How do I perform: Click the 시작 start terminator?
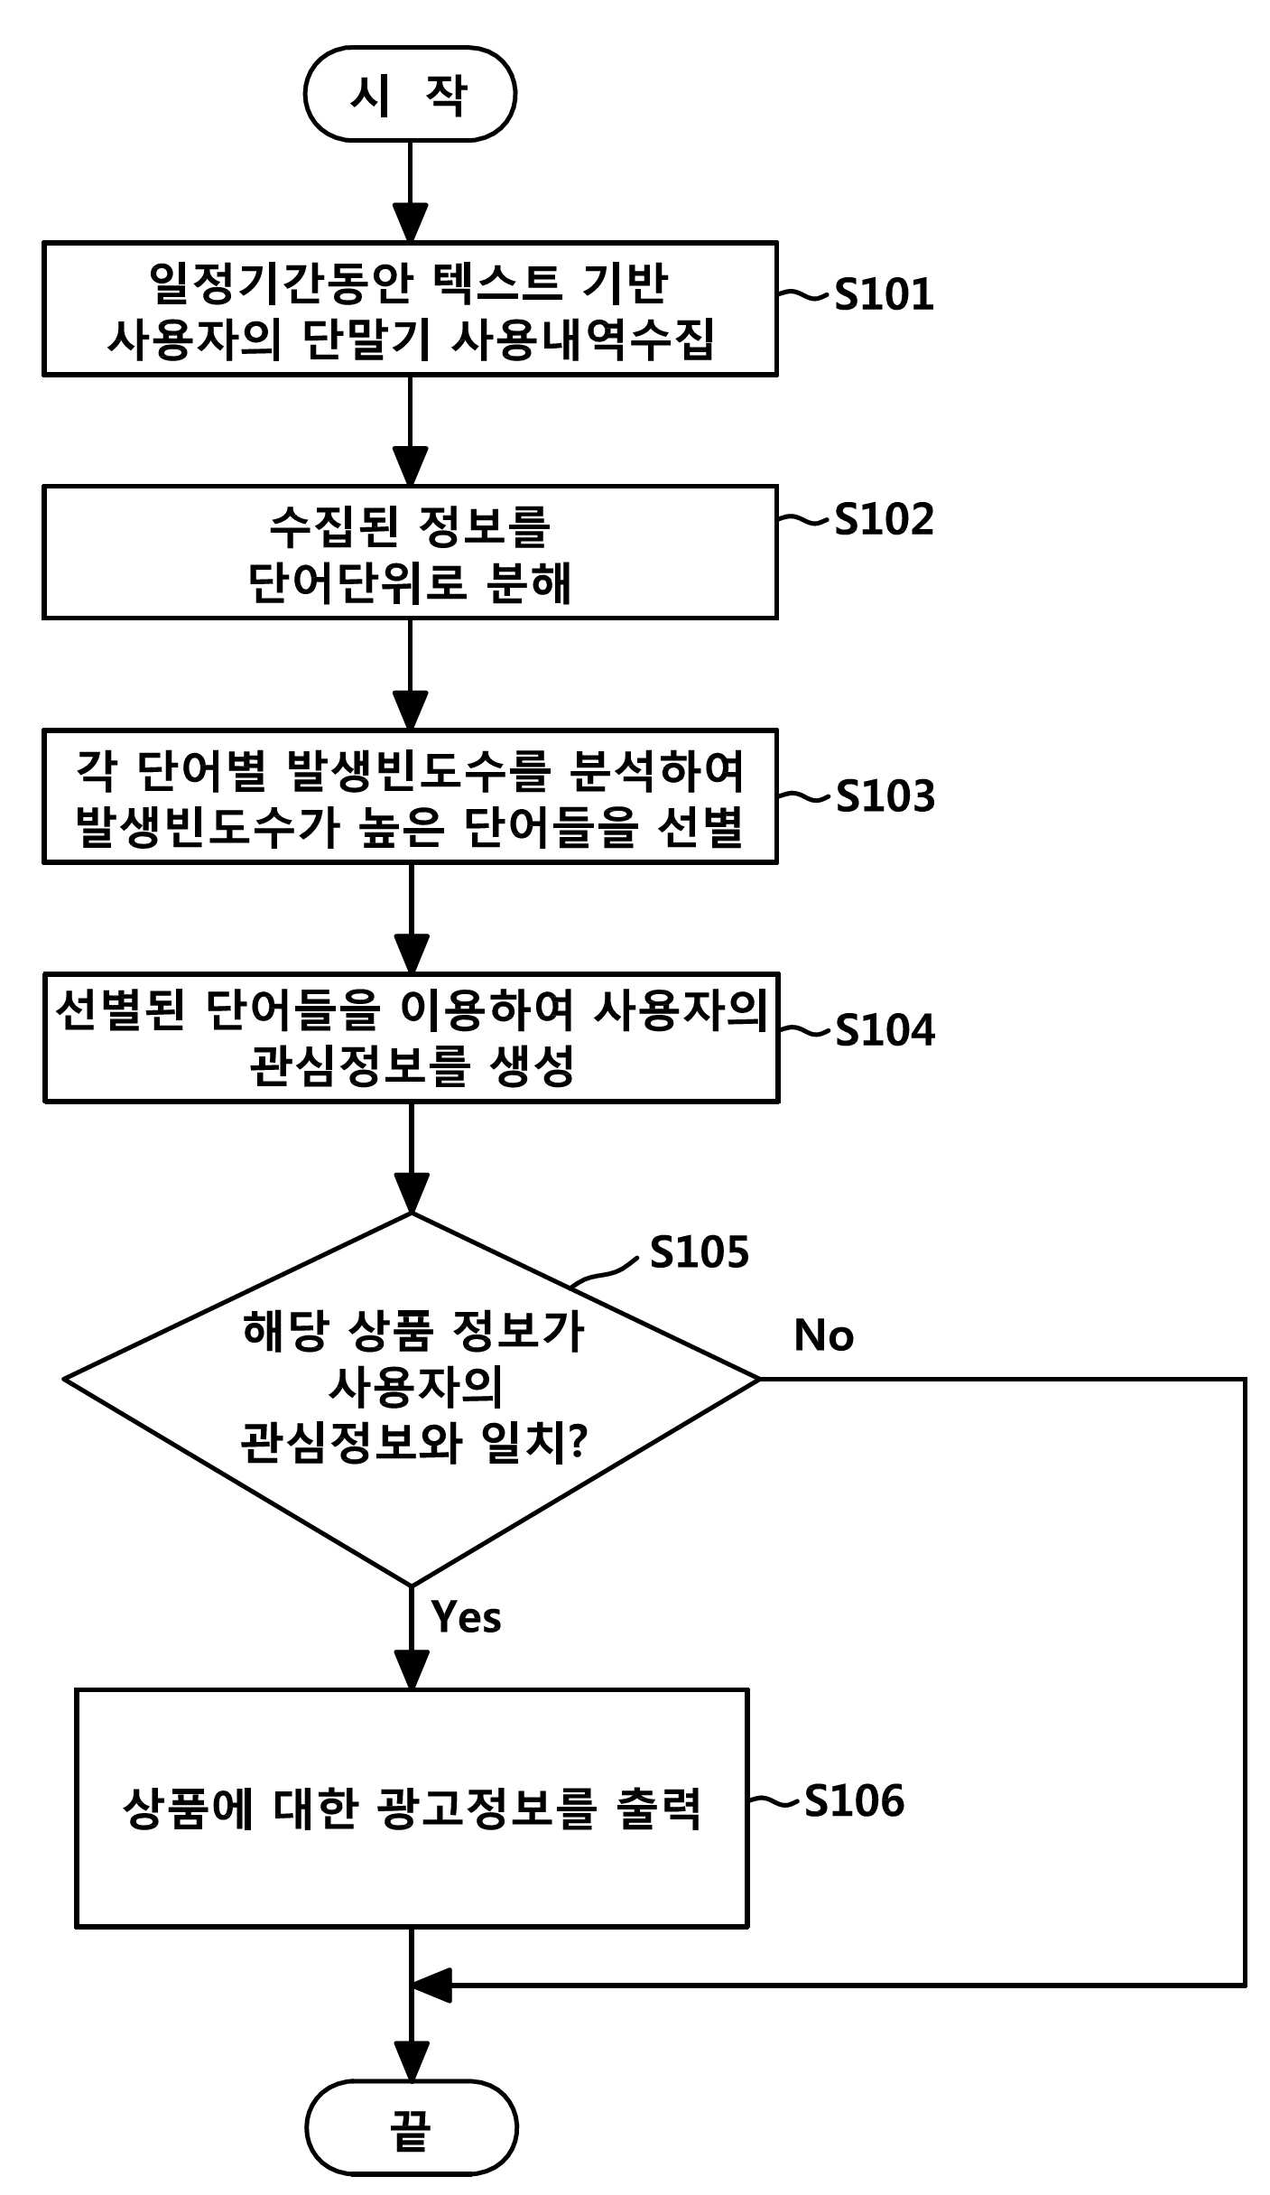pyautogui.click(x=410, y=94)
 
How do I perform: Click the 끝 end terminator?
pyautogui.click(x=412, y=2127)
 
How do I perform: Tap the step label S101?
pyautogui.click(x=884, y=294)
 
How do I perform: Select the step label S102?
pyautogui.click(x=884, y=519)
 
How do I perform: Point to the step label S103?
pyautogui.click(x=885, y=796)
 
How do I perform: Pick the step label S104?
pyautogui.click(x=885, y=1030)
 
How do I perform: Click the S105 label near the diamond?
pyautogui.click(x=700, y=1252)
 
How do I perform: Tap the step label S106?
pyautogui.click(x=854, y=1800)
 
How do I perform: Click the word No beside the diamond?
pyautogui.click(x=823, y=1335)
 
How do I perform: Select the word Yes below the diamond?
pyautogui.click(x=466, y=1617)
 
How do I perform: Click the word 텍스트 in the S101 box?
pyautogui.click(x=496, y=283)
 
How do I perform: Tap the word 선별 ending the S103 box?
pyautogui.click(x=700, y=827)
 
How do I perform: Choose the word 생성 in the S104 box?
pyautogui.click(x=533, y=1066)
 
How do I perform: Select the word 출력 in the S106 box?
pyautogui.click(x=659, y=1808)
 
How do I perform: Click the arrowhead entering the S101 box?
pyautogui.click(x=410, y=224)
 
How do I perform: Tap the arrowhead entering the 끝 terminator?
pyautogui.click(x=412, y=2062)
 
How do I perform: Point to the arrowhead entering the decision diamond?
pyautogui.click(x=412, y=1194)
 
